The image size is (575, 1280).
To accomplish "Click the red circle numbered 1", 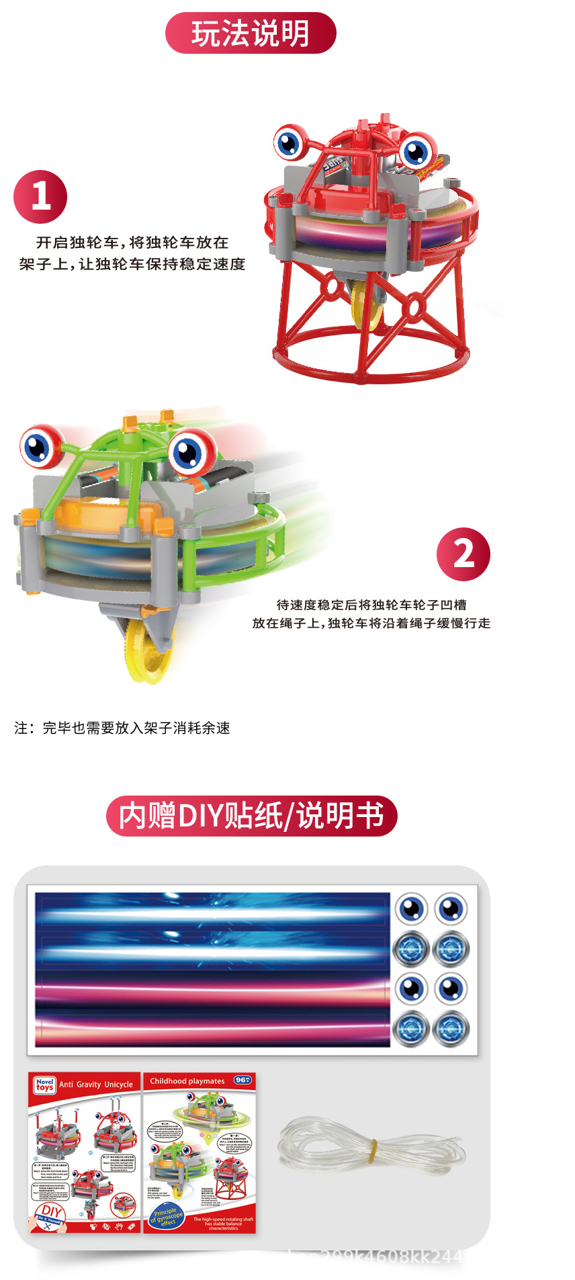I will tap(40, 196).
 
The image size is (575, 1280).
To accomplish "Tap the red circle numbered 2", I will tap(463, 554).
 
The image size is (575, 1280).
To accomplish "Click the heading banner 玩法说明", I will tap(251, 33).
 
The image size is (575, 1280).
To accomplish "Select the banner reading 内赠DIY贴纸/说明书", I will tap(252, 816).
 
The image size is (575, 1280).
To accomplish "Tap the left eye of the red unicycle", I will tap(290, 142).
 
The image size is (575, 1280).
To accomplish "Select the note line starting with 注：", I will tap(122, 728).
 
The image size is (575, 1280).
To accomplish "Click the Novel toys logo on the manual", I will tap(44, 1085).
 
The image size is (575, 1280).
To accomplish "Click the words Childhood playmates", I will tap(187, 1081).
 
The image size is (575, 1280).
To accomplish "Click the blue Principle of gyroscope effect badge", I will tap(167, 1217).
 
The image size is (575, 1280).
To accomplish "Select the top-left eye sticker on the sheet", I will tap(411, 909).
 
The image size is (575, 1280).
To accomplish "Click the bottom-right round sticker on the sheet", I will tap(451, 1028).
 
